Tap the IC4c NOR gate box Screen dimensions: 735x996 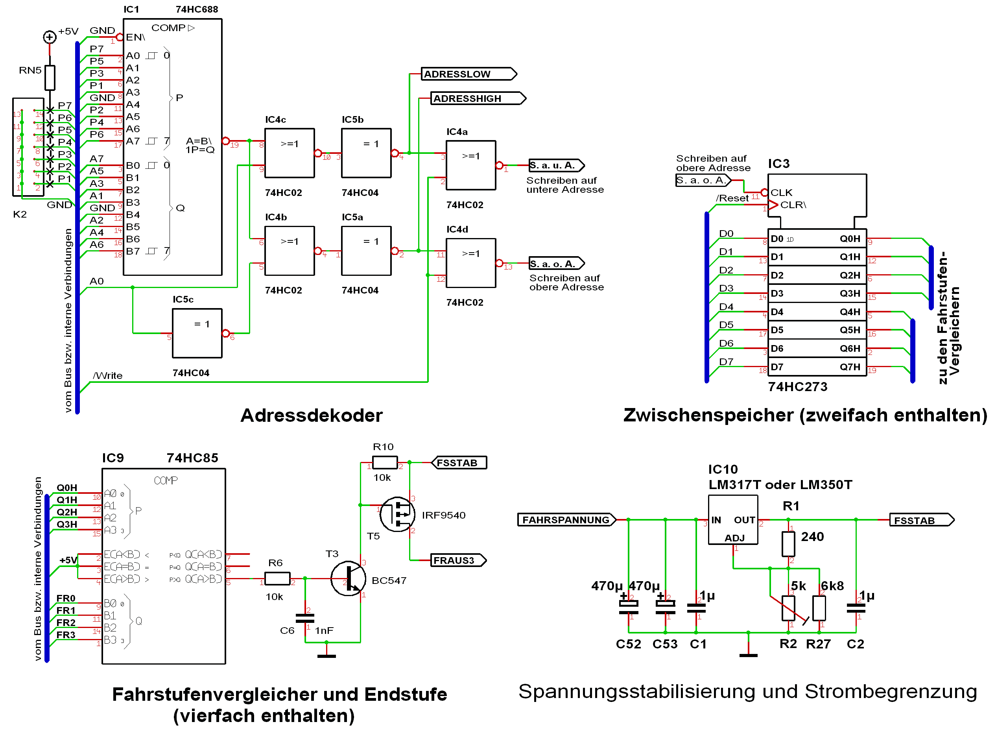point(290,153)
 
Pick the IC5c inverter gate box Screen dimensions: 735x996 point(197,333)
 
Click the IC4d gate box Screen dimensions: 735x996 point(470,263)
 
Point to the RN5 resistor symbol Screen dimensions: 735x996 point(50,78)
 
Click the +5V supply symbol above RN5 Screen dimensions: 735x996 point(50,37)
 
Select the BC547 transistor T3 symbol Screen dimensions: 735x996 point(348,578)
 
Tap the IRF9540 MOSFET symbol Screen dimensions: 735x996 point(397,514)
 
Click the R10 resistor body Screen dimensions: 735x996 point(385,463)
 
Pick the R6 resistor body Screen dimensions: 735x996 point(277,578)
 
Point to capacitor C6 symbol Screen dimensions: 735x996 point(305,619)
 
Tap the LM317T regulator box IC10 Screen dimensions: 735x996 point(733,520)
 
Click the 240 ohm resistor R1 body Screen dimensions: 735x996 point(788,544)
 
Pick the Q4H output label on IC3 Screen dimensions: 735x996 point(850,312)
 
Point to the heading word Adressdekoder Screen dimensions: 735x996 point(312,415)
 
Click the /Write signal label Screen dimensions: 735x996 point(108,375)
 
